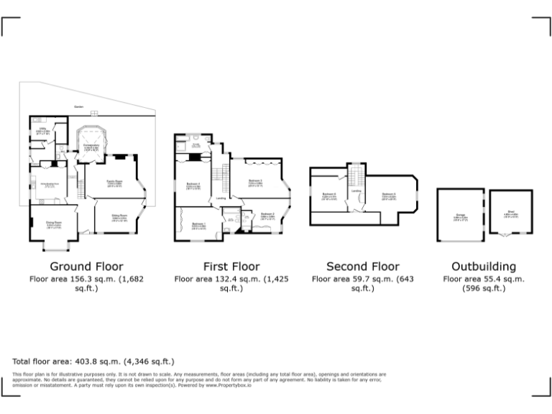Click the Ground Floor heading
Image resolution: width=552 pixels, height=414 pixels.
86,267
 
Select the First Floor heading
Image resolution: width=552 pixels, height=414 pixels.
231,267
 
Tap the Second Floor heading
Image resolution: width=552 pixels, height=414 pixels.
363,267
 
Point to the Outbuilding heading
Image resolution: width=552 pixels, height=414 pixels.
483,267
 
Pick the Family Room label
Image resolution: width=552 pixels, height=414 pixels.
114,183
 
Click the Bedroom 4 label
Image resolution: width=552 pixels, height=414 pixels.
193,184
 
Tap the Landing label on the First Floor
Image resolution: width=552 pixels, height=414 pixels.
222,198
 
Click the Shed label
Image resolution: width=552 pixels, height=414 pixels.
511,211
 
